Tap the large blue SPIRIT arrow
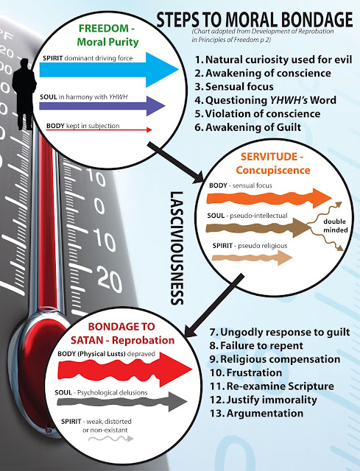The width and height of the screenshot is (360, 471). coord(109,70)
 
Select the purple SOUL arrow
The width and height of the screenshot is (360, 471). coord(102,106)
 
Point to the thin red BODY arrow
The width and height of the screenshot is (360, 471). coord(99,130)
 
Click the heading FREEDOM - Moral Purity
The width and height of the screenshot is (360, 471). coord(107,35)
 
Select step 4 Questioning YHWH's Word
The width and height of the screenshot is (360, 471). coord(265,100)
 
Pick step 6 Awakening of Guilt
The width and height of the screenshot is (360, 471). coord(247,127)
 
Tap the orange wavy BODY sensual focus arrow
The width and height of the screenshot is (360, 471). coord(269,198)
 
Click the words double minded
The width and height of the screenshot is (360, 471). coord(335,226)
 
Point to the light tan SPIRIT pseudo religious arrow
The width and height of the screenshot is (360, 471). coord(252,258)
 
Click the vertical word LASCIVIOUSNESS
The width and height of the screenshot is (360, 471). coord(177,248)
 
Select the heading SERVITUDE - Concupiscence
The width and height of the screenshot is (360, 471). coord(272,163)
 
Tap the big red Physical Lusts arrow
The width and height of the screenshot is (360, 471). coord(124,369)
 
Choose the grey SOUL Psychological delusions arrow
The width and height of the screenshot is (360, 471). coord(122,402)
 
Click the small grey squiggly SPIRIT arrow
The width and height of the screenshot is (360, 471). coord(111,439)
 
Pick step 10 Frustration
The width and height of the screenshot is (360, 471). coord(246,372)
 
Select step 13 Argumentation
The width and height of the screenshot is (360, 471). coord(256,413)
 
